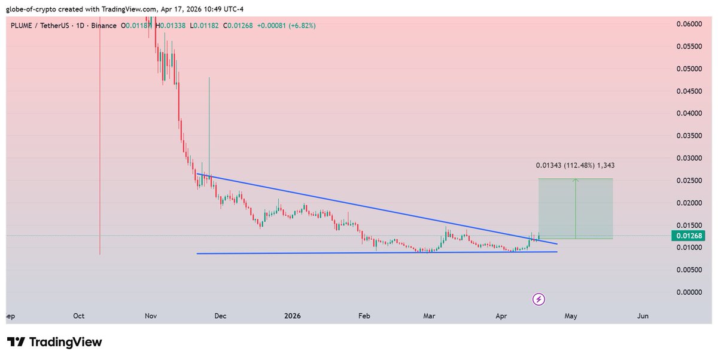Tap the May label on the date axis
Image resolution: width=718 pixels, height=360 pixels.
coord(571,316)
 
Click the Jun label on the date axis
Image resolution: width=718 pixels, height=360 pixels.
coord(643,316)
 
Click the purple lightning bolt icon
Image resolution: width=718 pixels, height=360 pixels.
coord(538,298)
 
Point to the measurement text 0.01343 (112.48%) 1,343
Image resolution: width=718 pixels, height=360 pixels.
coord(574,165)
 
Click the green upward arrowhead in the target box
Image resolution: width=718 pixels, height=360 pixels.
coord(576,180)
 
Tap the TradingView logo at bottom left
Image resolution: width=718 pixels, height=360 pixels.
coord(54,342)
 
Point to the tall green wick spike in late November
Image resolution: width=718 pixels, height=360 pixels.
coord(209,114)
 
